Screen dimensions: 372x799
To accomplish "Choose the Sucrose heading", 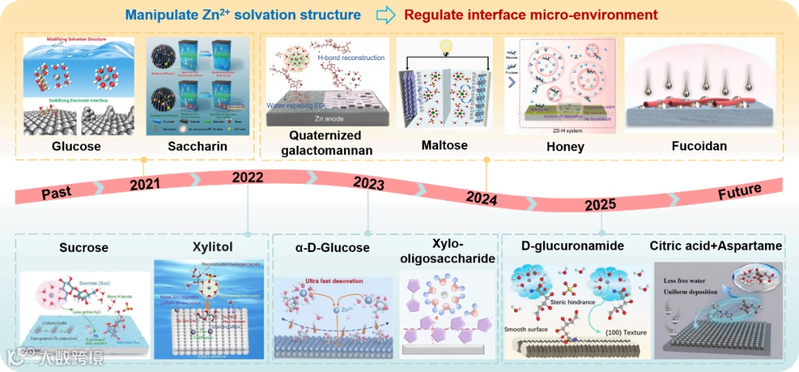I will pyautogui.click(x=84, y=247).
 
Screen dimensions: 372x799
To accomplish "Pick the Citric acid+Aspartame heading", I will pyautogui.click(x=715, y=245).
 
